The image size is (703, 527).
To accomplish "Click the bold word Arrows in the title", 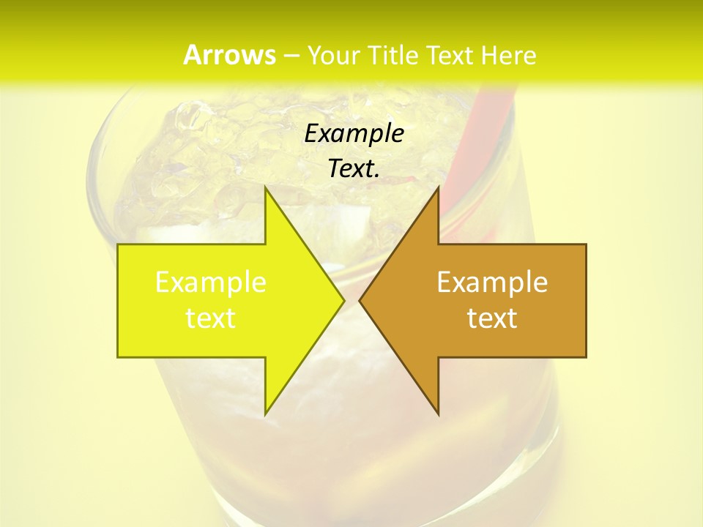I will pos(229,55).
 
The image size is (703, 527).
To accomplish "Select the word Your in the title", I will pos(334,55).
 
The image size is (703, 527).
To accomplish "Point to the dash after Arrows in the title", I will pos(291,56).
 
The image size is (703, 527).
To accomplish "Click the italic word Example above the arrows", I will pos(354,134).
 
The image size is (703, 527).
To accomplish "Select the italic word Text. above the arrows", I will pos(354,169).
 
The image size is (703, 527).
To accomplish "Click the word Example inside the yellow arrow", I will pos(211,283).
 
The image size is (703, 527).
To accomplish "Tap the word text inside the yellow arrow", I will pos(211,318).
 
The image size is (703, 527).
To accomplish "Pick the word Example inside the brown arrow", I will pos(492,283).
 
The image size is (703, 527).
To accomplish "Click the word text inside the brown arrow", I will pos(492,318).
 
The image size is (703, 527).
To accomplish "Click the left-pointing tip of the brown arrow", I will pos(360,300).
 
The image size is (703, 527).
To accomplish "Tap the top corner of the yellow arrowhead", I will pos(266,189).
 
